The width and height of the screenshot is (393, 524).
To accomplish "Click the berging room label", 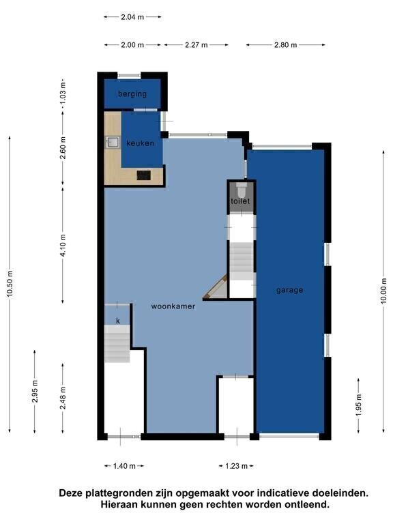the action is pyautogui.click(x=132, y=94).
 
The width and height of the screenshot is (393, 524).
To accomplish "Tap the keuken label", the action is pyautogui.click(x=141, y=143).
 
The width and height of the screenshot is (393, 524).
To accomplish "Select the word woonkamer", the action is pyautogui.click(x=173, y=306).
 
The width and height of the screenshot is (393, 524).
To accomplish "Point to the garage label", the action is pyautogui.click(x=290, y=290).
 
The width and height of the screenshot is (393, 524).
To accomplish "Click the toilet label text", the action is pyautogui.click(x=240, y=201).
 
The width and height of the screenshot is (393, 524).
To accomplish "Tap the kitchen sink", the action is pyautogui.click(x=113, y=143).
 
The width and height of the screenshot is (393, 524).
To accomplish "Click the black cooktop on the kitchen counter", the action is pyautogui.click(x=144, y=175).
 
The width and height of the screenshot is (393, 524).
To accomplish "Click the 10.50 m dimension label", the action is pyautogui.click(x=10, y=283).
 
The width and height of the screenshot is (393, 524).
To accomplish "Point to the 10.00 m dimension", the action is pyautogui.click(x=383, y=291).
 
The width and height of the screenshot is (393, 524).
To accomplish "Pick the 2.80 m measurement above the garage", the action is pyautogui.click(x=286, y=45).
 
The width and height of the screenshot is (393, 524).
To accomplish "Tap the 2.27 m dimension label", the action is pyautogui.click(x=196, y=45).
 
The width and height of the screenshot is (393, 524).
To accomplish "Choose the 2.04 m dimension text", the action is pyautogui.click(x=132, y=16).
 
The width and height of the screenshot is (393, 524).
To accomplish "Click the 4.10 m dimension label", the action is pyautogui.click(x=63, y=245).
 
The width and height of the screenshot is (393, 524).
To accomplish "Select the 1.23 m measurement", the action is pyautogui.click(x=236, y=466).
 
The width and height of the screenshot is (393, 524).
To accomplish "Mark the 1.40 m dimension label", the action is pyautogui.click(x=124, y=466).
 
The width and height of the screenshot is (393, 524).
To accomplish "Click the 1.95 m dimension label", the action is pyautogui.click(x=359, y=405).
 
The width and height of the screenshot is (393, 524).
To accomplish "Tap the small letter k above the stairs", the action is pyautogui.click(x=118, y=321).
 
